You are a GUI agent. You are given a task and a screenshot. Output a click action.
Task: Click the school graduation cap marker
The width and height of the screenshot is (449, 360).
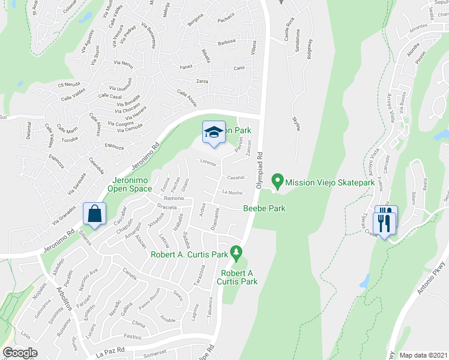[x=213, y=133]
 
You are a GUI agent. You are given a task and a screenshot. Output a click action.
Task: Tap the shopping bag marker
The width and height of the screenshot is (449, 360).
[x=96, y=214]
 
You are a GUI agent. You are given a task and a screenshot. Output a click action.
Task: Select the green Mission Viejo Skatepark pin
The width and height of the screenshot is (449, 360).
[x=277, y=179]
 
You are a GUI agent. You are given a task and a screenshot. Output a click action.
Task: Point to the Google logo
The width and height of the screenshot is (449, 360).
[x=20, y=353]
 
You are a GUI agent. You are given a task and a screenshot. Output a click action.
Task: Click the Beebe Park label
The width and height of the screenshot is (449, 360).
[x=264, y=208]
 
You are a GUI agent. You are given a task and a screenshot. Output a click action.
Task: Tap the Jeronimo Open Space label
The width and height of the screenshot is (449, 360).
[x=130, y=184]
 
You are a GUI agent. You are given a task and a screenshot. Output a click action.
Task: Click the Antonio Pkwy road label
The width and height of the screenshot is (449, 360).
[x=428, y=300]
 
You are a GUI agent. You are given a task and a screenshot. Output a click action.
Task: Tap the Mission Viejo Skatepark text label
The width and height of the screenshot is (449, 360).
[x=330, y=182]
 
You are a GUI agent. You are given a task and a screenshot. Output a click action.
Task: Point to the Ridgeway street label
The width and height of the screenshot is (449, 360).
[x=310, y=49]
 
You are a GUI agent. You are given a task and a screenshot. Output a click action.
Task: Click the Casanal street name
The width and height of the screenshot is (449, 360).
[x=235, y=177]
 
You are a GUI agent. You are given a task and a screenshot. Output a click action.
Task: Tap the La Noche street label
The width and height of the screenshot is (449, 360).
[x=232, y=193]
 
